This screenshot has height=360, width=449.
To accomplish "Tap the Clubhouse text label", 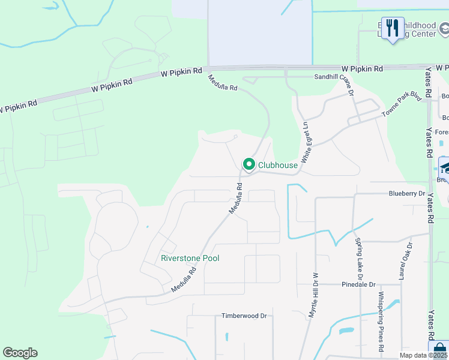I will coord(278,165).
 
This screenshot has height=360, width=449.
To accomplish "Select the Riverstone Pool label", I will coord(190,258).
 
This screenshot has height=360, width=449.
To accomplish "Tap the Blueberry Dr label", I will coord(406,194).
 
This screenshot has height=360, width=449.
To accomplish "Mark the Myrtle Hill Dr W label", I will coord(312,297).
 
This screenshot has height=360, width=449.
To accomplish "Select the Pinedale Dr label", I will coord(358,284).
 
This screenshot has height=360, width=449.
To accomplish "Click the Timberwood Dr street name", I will coord(244,316).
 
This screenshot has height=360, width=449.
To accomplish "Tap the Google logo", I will coord(20,353).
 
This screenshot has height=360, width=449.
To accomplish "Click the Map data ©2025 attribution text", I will coord(423,355).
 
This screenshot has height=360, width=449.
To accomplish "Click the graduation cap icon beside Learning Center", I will coord(445,28).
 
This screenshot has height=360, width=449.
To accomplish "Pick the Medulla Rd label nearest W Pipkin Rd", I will coord(223,83).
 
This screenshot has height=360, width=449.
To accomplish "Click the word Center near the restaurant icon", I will coord(423,34).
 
